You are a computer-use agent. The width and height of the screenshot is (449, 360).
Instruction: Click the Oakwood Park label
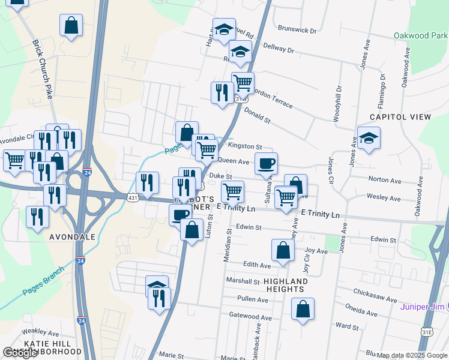421,35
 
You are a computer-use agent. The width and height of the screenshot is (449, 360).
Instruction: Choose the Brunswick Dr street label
297,29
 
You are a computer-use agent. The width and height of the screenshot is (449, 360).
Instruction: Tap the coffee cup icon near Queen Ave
266,163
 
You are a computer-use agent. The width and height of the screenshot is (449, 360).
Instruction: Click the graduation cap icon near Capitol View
369,137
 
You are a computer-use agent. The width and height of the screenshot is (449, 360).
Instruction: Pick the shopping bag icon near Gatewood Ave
303,309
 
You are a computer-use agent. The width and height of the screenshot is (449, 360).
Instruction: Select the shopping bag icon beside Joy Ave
283,250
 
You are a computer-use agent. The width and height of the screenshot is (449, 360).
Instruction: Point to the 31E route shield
427,331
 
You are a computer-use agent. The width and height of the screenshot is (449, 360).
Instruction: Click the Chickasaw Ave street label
375,297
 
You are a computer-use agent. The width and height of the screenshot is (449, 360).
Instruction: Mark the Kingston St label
245,146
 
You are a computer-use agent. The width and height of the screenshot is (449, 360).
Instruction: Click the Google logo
20,353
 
